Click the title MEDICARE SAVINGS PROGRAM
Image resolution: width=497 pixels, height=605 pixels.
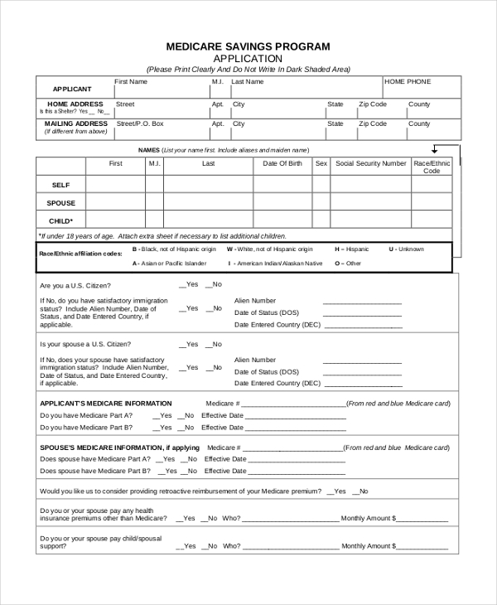(248, 46)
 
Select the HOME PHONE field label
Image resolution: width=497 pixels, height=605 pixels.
(408, 82)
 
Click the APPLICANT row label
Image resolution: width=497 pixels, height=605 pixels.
(72, 89)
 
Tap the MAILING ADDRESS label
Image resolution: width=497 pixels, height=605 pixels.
(76, 123)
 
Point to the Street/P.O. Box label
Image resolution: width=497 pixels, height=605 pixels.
(140, 123)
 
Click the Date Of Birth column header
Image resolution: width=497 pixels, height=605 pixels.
(282, 164)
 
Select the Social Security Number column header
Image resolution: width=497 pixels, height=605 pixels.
(370, 164)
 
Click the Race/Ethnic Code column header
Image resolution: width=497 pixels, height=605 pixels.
(432, 167)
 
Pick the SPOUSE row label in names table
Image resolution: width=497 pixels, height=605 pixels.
(61, 203)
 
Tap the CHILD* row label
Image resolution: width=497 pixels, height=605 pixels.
(61, 221)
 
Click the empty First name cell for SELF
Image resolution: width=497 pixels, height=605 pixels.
(115, 185)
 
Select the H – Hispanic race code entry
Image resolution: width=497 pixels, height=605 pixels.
(352, 249)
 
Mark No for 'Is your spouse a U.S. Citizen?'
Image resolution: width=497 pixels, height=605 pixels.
(210, 344)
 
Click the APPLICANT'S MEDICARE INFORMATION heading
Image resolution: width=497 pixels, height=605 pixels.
(106, 404)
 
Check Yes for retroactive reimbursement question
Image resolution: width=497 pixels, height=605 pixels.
(331, 491)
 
